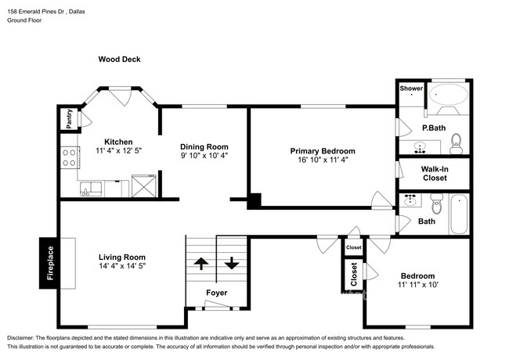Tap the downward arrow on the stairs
(x=232, y=263)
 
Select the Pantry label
(x=69, y=119)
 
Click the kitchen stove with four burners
(x=69, y=157)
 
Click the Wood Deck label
(x=119, y=59)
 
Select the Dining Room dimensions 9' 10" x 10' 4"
(x=204, y=155)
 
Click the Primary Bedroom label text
(x=323, y=151)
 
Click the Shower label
(x=411, y=88)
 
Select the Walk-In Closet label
(x=435, y=173)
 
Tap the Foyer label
(x=217, y=293)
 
